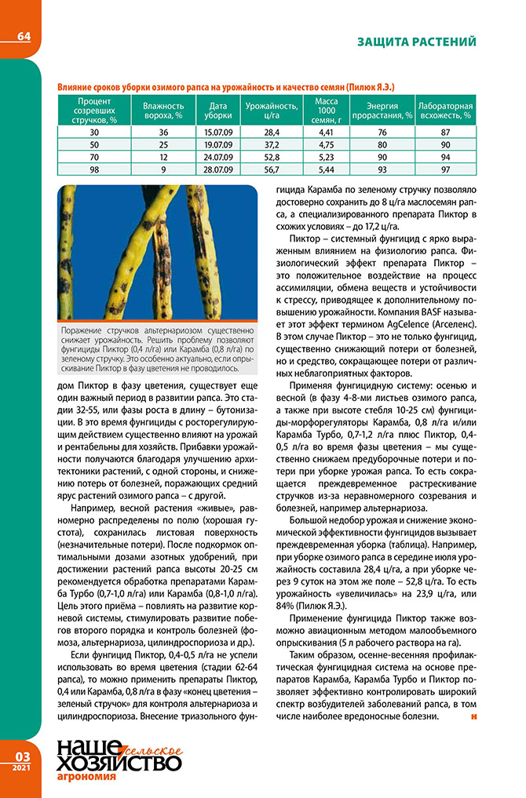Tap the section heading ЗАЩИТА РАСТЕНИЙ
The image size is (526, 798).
pos(416,42)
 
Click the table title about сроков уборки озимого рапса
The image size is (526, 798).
pos(225,85)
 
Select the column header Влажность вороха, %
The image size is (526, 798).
pos(163,110)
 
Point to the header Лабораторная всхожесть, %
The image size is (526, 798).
pos(445,110)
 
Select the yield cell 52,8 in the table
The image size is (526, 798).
pos(272,156)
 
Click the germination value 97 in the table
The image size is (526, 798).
pos(445,169)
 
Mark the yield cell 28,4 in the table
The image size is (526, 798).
pos(272,131)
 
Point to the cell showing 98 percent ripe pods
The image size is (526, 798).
pos(94,169)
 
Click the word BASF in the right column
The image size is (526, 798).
pos(409,311)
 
